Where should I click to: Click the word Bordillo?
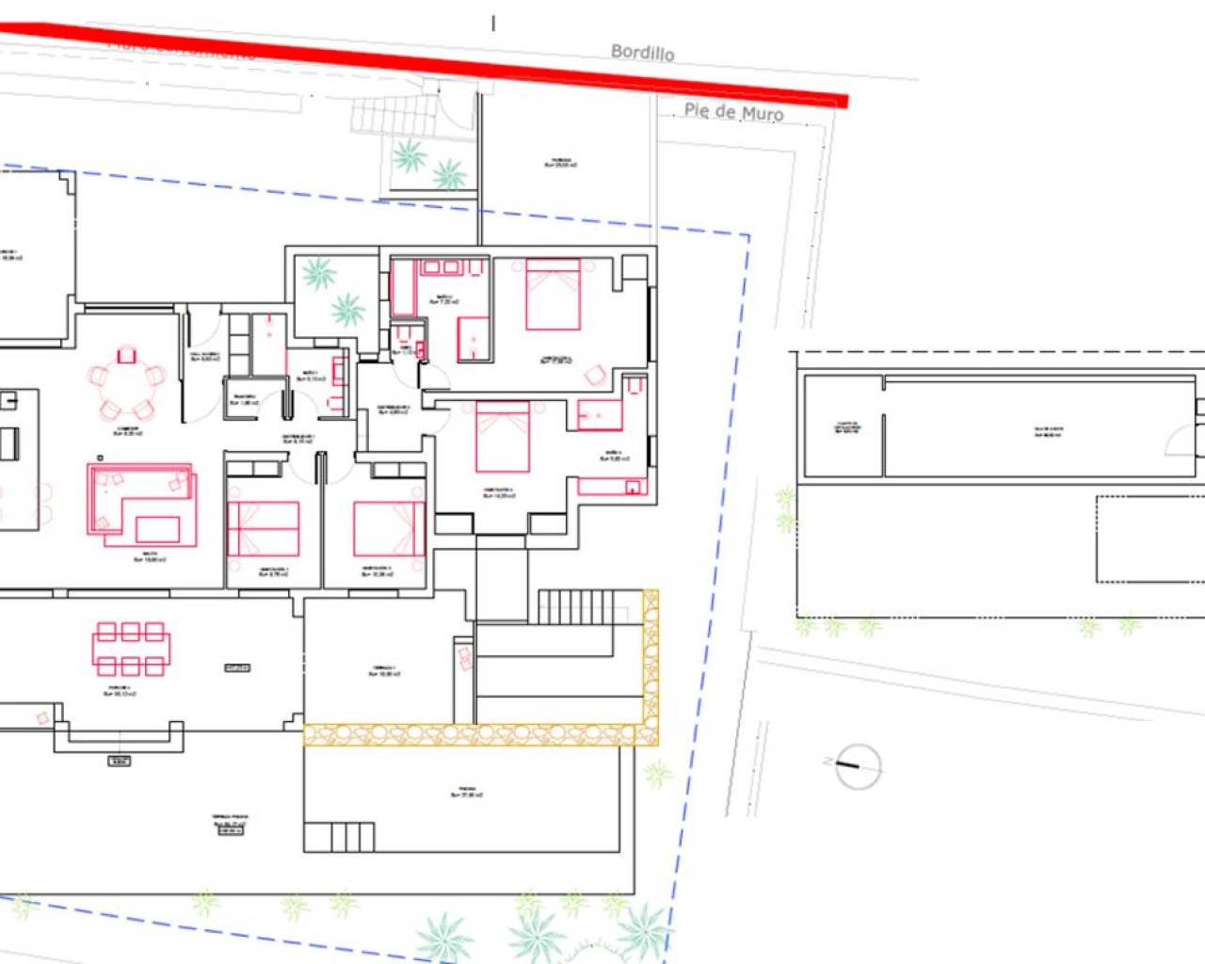[x=642, y=52]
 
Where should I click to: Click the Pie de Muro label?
[x=733, y=112]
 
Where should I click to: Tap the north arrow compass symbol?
[x=858, y=765]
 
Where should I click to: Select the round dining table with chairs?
[x=126, y=382]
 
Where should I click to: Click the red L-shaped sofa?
[x=141, y=504]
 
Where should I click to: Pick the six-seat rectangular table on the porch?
[x=132, y=649]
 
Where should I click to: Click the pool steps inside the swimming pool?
[x=339, y=836]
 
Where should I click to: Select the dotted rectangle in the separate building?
[x=1150, y=539]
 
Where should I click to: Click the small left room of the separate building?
[x=843, y=426]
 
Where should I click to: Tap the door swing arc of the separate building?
[x=1181, y=440]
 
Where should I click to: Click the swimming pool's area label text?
[x=467, y=792]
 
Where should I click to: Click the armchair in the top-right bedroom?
[x=595, y=376]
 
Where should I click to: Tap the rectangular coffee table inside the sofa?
[x=157, y=528]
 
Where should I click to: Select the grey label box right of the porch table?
[x=237, y=667]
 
